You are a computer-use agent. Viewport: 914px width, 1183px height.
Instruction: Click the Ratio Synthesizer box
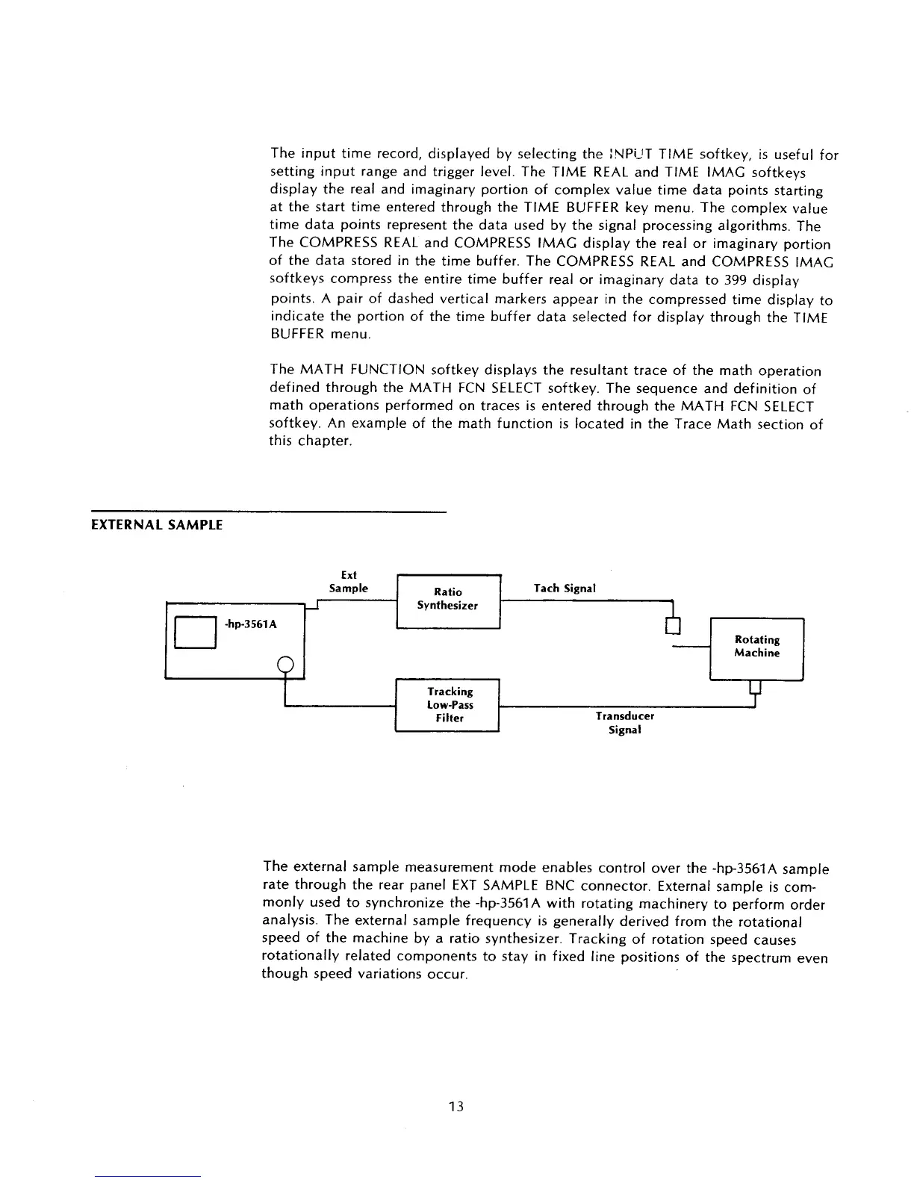tap(447, 601)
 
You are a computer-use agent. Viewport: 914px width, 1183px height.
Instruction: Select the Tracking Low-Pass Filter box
tap(447, 705)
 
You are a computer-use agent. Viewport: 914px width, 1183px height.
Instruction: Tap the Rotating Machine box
tap(756, 648)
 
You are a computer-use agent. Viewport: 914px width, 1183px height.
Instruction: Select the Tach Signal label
tap(565, 589)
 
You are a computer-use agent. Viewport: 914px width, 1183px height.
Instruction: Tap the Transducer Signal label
tap(624, 723)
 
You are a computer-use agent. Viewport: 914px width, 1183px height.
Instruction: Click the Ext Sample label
tap(349, 582)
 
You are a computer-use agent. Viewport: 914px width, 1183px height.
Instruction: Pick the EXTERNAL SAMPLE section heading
tap(157, 525)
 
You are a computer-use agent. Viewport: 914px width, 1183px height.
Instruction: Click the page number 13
tap(456, 1106)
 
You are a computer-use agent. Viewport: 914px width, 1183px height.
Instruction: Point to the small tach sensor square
tap(674, 625)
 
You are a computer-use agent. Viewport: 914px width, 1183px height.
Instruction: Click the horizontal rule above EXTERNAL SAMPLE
tap(268, 512)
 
